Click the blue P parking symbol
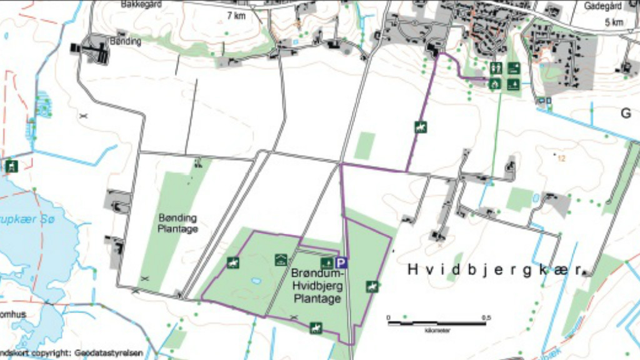coord(341,263)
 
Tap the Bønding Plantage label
coord(178,223)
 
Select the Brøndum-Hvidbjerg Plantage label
coord(317,286)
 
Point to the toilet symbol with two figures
coord(496,68)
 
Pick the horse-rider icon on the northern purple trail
coord(421,127)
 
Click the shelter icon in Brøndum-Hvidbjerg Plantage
coord(281,259)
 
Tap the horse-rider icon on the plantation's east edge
coord(372,286)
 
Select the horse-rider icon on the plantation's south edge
coord(316,327)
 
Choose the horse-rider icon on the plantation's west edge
coord(233,263)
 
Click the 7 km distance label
coord(236,16)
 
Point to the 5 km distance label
coord(614,22)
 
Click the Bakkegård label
coord(142,4)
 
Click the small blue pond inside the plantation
coord(256,281)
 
